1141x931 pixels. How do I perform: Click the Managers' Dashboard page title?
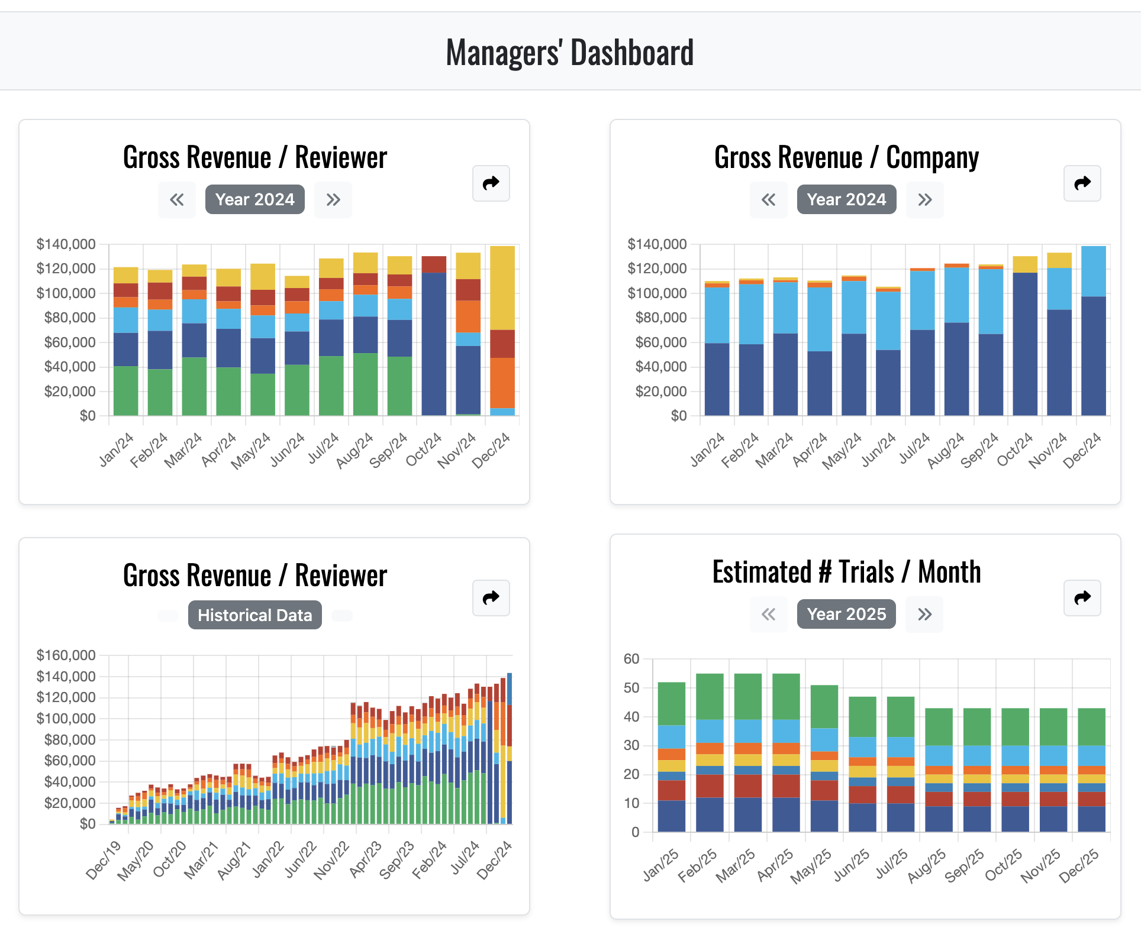click(x=569, y=52)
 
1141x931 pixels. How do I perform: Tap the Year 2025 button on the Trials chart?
click(x=846, y=614)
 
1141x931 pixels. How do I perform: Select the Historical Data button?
click(x=254, y=615)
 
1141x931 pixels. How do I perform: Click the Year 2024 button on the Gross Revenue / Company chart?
click(x=846, y=199)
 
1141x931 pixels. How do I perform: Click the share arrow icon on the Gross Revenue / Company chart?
click(x=1082, y=183)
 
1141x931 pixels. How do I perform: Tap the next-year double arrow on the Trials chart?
click(x=924, y=615)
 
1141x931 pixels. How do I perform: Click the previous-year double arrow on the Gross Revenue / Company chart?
click(x=768, y=200)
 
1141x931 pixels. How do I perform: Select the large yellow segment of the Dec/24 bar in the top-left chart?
click(x=502, y=287)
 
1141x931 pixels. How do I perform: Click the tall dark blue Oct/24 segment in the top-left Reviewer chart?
click(x=434, y=343)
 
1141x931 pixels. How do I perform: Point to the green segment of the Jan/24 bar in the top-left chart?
click(x=125, y=390)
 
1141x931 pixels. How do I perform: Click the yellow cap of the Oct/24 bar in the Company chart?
click(x=1025, y=264)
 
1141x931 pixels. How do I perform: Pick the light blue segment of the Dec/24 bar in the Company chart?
click(x=1093, y=271)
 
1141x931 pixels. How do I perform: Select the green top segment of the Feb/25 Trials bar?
click(x=710, y=696)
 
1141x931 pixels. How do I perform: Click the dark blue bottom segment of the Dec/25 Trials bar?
click(x=1091, y=819)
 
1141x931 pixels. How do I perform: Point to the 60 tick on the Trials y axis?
click(x=631, y=659)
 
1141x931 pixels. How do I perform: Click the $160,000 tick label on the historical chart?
click(x=66, y=655)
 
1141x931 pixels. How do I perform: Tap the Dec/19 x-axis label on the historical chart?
click(x=103, y=861)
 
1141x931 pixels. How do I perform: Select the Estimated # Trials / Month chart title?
click(x=846, y=572)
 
